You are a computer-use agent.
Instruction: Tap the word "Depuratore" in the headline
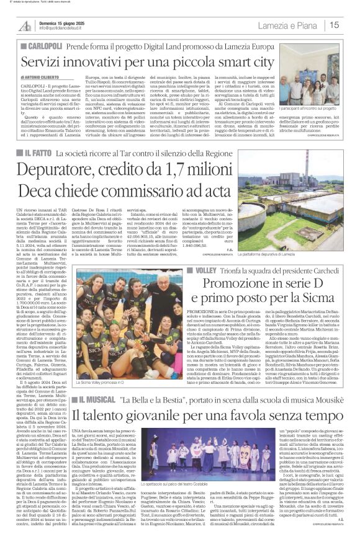57,170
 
